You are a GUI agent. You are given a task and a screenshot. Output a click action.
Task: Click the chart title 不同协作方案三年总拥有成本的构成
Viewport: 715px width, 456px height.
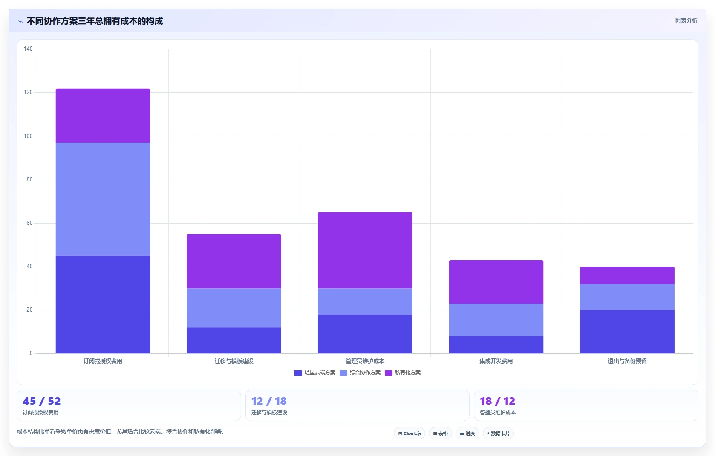[x=95, y=21]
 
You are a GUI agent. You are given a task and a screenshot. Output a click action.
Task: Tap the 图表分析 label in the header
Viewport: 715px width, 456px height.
[x=686, y=21]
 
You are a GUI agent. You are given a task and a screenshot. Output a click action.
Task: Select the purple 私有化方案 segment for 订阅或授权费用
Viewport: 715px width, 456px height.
[x=103, y=115]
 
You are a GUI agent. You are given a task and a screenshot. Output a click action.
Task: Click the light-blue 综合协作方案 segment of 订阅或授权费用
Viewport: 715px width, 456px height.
[x=103, y=199]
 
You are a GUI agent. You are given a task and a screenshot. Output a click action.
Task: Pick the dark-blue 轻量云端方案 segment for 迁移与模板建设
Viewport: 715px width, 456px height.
[x=234, y=340]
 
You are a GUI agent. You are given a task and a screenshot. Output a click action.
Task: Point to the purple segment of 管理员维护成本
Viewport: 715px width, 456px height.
[x=365, y=250]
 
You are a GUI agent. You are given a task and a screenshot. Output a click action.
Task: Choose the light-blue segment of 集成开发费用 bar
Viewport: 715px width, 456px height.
[x=496, y=320]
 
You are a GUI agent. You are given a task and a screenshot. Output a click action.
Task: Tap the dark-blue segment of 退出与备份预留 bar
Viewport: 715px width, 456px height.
[x=627, y=332]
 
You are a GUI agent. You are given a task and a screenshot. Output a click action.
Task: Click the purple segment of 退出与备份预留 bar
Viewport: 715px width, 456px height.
[x=627, y=275]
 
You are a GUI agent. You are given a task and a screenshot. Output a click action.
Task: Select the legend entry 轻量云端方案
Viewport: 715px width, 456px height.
[x=315, y=373]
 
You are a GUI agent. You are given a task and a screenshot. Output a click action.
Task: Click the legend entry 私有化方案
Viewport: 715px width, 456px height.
[x=403, y=373]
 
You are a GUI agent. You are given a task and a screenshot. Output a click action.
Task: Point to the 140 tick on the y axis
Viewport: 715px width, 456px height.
[x=28, y=49]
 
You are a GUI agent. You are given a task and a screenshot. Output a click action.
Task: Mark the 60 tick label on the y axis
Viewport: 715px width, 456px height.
[x=30, y=223]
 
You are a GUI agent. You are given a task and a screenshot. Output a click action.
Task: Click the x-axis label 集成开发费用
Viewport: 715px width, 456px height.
[x=496, y=361]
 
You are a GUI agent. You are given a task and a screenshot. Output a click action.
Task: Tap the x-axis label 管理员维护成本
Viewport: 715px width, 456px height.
[x=365, y=361]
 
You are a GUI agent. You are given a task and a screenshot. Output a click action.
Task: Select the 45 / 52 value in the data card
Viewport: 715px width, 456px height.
[x=41, y=401]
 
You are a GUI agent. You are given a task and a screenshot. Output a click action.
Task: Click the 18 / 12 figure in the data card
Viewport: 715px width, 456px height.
[x=497, y=401]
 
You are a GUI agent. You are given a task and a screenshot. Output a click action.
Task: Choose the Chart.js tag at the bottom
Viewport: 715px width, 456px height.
[x=409, y=433]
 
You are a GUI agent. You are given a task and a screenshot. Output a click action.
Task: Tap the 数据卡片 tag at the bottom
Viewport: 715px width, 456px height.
[x=498, y=433]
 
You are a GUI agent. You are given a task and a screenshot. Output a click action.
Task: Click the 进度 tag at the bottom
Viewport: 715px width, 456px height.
[x=467, y=433]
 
